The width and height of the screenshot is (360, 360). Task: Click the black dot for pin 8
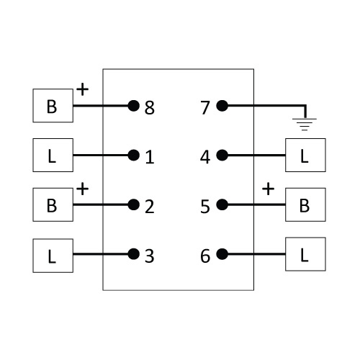134,106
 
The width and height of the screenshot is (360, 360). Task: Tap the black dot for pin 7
222,106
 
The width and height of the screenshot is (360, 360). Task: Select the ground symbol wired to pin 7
305,125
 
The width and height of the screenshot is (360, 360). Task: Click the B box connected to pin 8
53,106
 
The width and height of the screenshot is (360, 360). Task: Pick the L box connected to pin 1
53,155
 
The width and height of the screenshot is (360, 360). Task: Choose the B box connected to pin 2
53,204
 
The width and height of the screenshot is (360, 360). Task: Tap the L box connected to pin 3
53,256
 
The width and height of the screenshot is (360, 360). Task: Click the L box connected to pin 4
305,155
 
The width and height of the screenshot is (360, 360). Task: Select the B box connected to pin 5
305,204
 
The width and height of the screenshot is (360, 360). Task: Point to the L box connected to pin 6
305,254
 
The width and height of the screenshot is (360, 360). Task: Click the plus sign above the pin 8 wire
83,89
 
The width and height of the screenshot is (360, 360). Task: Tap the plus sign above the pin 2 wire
83,189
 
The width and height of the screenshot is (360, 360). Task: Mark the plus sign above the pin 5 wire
268,189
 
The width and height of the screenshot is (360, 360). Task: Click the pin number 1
150,157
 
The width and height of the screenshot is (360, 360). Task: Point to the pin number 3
149,256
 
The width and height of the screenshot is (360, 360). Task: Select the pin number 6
205,256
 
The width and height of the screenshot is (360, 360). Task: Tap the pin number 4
205,157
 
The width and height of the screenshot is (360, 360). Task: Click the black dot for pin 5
222,204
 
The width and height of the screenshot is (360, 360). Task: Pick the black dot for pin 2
134,204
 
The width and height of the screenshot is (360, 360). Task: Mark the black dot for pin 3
134,254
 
